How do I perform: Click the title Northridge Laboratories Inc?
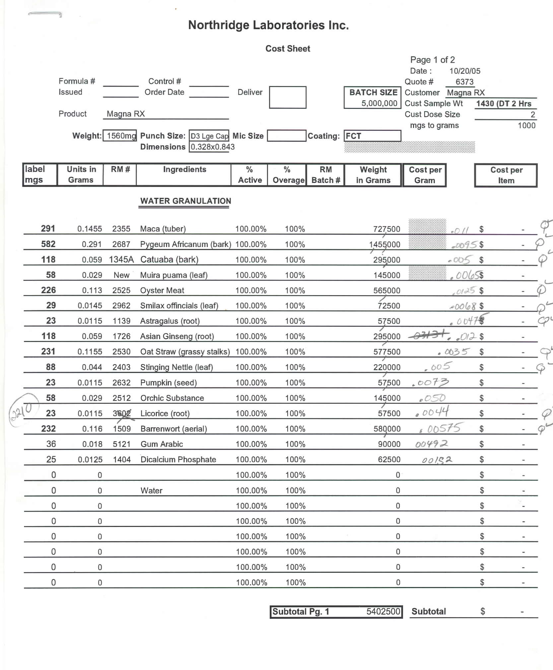268,25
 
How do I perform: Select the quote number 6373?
464,82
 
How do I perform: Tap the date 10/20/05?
465,71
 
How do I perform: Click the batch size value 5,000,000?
379,103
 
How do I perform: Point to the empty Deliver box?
288,97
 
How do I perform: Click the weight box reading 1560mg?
120,136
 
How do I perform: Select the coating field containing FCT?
372,136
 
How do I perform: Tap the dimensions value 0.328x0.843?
213,147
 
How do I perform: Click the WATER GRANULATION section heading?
185,201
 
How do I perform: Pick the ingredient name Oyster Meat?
162,291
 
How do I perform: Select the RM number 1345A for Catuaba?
121,260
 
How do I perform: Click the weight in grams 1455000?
385,245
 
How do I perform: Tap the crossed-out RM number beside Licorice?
122,413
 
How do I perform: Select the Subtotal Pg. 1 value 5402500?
383,612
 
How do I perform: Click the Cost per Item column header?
506,175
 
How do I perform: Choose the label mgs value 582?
48,244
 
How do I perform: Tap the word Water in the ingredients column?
151,490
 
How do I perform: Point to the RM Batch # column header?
325,175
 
